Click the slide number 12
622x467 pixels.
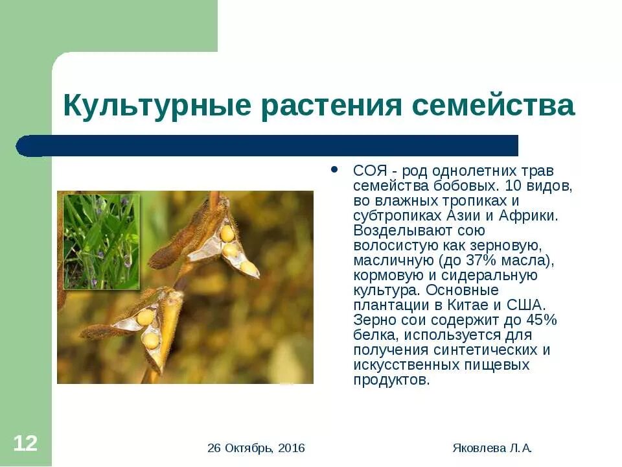pyautogui.click(x=26, y=444)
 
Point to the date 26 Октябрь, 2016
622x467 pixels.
pyautogui.click(x=257, y=448)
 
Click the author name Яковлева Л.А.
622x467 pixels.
pyautogui.click(x=492, y=448)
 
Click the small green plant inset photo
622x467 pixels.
pyautogui.click(x=100, y=241)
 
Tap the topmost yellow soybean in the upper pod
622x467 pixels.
pyautogui.click(x=227, y=232)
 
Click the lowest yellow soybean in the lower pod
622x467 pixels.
pyautogui.click(x=151, y=341)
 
